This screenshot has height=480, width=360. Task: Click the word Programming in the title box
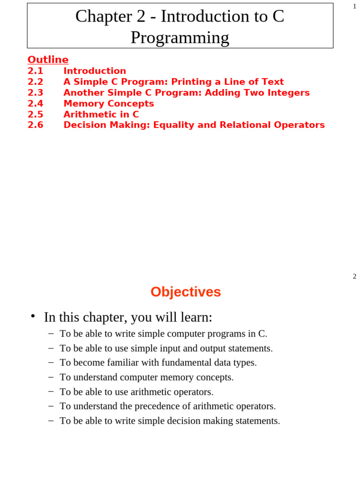[x=180, y=37]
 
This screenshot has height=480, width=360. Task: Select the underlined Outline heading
[x=48, y=60]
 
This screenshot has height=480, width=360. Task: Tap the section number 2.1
[x=35, y=71]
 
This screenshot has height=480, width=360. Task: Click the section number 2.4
[x=35, y=104]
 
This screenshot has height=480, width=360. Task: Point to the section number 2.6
[x=35, y=125]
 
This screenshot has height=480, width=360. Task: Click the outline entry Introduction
[x=95, y=71]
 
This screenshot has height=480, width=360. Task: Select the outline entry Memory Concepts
[x=109, y=104]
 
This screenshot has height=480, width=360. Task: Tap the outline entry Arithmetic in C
[x=101, y=114]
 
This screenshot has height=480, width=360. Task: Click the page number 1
[x=354, y=7]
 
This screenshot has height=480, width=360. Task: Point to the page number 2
[x=354, y=277]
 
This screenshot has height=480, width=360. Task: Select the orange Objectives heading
[x=186, y=292]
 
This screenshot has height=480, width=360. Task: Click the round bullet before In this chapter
[x=33, y=316]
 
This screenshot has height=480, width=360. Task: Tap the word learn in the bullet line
[x=198, y=317]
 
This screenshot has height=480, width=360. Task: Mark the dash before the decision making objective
[x=51, y=420]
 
